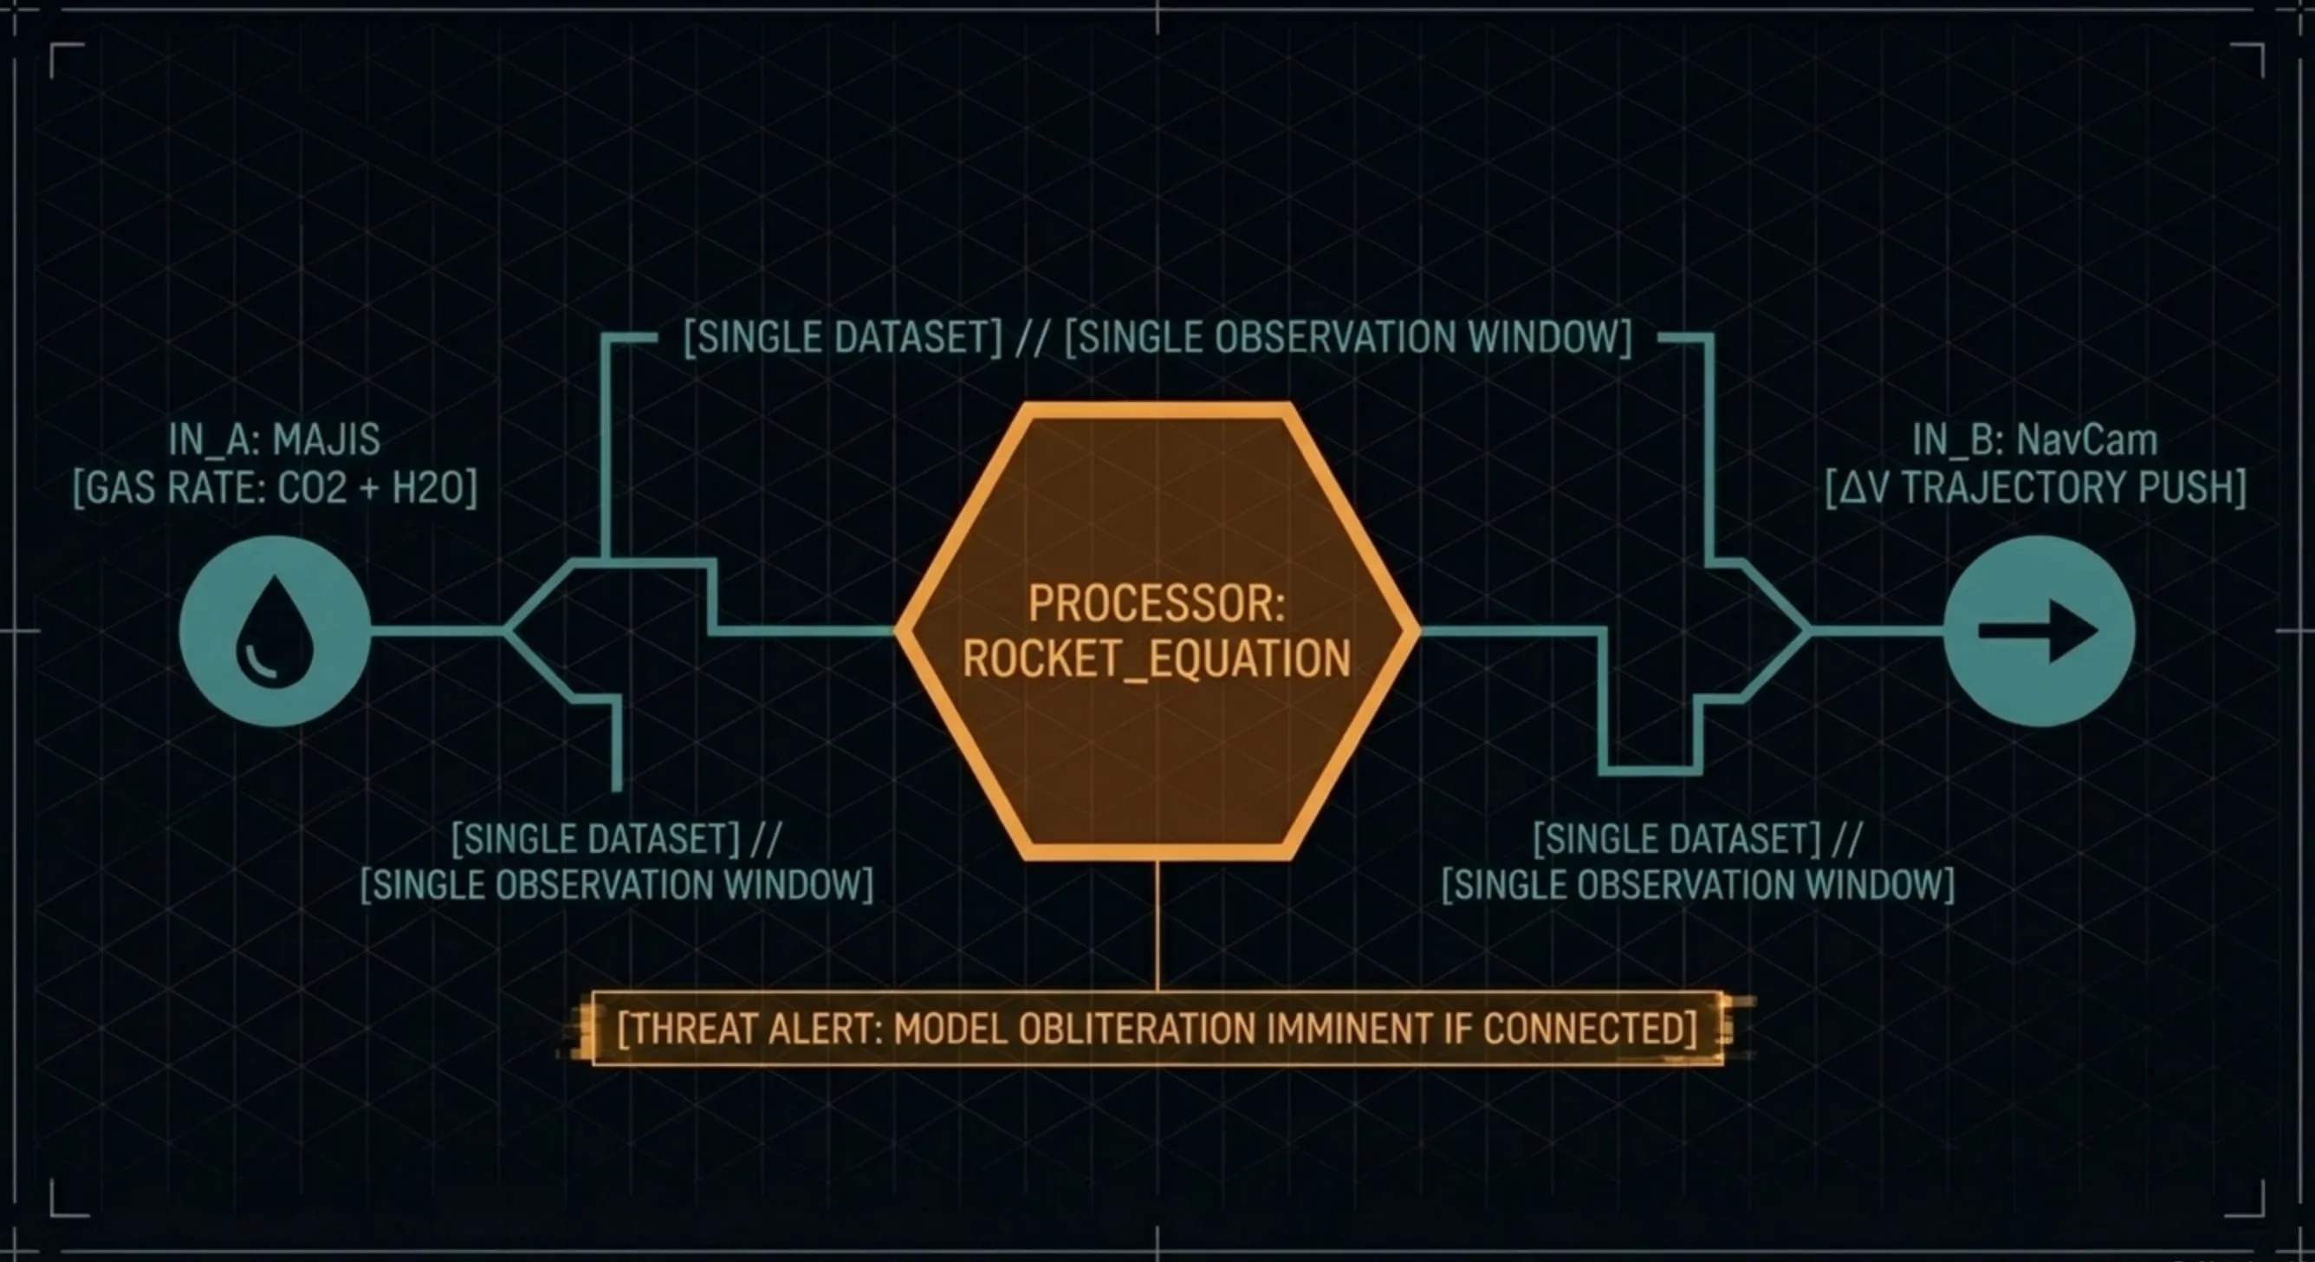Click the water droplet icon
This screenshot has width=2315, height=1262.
(275, 632)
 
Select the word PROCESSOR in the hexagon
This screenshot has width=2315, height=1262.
(1156, 603)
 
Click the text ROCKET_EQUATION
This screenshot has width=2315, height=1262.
(1157, 659)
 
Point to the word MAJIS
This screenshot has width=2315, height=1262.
(327, 439)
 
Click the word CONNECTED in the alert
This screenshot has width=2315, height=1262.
(1590, 1028)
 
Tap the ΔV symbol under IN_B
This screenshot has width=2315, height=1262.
(1864, 488)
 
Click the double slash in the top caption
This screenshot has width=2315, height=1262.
(1032, 338)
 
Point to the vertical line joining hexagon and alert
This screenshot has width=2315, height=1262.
(1157, 926)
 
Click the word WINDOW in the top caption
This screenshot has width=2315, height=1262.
(1547, 338)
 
